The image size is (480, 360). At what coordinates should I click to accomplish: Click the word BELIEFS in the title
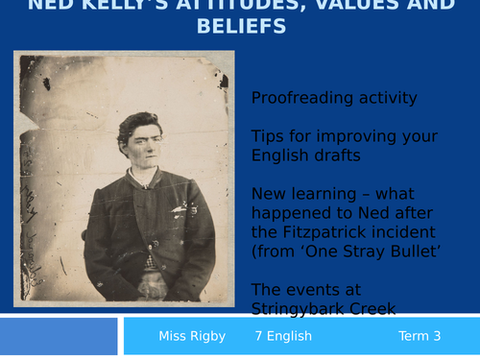pyautogui.click(x=240, y=26)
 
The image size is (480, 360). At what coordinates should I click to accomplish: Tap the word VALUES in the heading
pyautogui.click(x=349, y=5)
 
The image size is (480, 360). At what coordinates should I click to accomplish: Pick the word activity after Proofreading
pyautogui.click(x=383, y=98)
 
